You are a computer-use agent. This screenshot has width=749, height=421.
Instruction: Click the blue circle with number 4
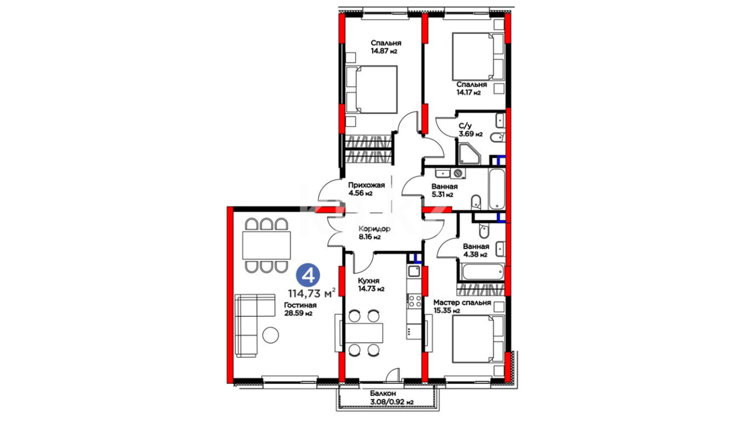click(308, 276)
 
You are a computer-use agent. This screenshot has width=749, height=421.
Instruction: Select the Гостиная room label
click(300, 305)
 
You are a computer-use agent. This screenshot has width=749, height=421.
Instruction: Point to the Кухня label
click(369, 281)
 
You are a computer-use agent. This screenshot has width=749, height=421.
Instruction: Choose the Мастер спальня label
click(462, 302)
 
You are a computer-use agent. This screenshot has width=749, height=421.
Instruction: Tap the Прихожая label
click(366, 185)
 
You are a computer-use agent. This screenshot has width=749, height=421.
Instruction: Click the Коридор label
click(374, 229)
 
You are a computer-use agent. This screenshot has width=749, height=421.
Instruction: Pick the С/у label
click(465, 126)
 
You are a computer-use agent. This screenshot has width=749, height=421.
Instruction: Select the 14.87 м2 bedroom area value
click(384, 51)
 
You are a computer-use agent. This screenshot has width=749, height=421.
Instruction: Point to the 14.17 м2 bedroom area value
click(469, 93)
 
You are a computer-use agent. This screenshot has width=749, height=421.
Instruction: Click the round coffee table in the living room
click(271, 335)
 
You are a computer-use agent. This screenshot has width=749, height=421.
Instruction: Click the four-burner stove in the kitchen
click(414, 301)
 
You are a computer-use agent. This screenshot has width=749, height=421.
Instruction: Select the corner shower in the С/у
click(469, 154)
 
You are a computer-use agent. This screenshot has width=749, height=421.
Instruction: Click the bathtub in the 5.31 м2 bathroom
click(497, 189)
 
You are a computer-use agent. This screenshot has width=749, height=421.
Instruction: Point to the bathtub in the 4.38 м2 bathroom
click(483, 272)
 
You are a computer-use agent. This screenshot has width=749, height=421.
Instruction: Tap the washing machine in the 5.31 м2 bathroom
click(458, 173)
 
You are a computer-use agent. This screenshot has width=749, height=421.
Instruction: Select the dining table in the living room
click(266, 245)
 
